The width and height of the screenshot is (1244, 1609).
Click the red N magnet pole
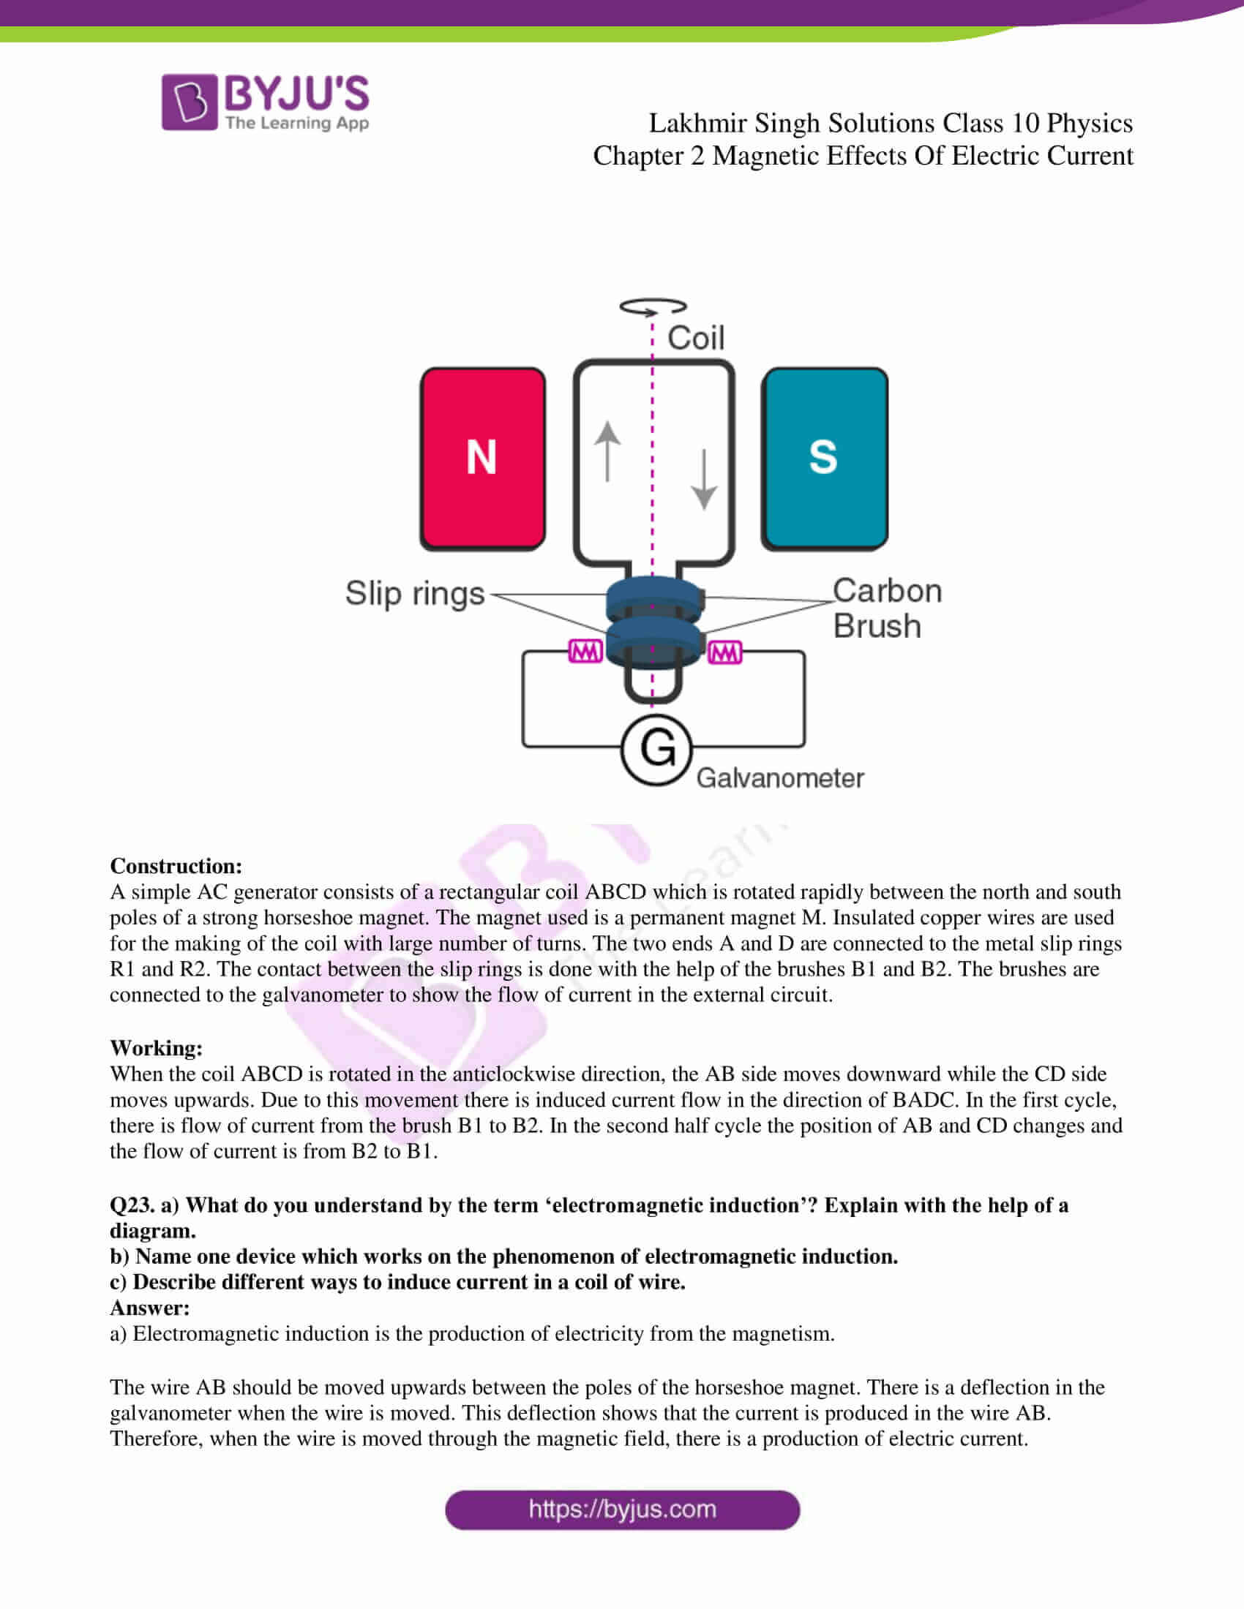point(483,458)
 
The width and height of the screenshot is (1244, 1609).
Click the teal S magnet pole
point(824,458)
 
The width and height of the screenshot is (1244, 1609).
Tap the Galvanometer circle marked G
point(656,749)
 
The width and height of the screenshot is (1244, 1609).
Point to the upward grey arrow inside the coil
point(607,451)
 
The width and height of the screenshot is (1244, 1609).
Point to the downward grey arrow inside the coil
point(705,479)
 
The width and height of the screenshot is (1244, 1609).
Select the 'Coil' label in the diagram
point(696,338)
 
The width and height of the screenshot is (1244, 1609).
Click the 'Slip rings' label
point(415,594)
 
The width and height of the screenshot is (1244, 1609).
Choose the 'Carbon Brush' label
point(887,608)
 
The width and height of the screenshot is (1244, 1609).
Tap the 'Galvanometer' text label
point(780,778)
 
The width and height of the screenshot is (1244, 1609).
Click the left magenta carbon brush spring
point(585,651)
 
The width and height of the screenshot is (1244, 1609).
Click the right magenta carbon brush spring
point(724,652)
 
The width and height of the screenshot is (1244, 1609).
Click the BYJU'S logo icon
point(190,102)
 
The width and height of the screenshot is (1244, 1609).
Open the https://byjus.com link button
point(622,1510)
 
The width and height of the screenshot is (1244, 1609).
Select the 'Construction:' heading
point(176,866)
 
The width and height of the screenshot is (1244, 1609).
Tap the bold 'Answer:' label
point(149,1308)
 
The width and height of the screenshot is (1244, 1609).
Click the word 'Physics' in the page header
point(1090,123)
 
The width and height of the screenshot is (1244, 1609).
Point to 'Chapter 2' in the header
point(648,157)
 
